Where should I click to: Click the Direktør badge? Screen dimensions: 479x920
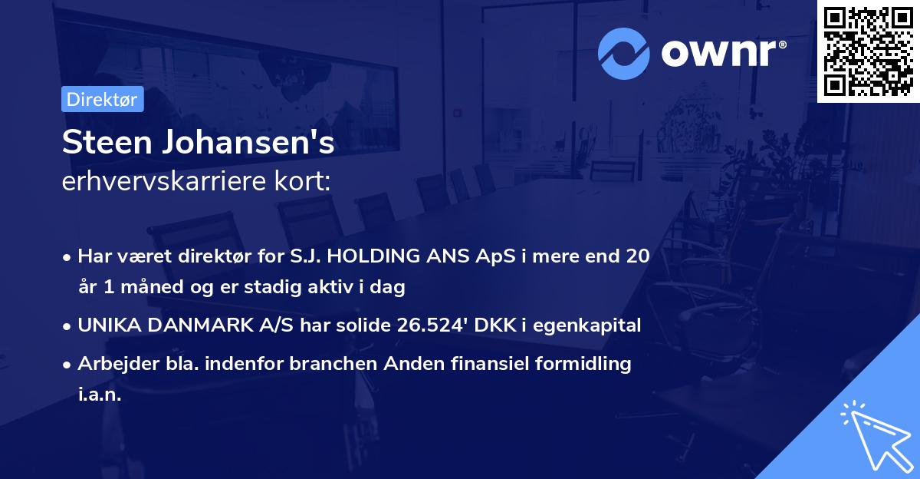point(102,99)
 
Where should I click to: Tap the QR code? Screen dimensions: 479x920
point(868,51)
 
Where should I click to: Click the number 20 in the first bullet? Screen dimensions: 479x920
point(638,256)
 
